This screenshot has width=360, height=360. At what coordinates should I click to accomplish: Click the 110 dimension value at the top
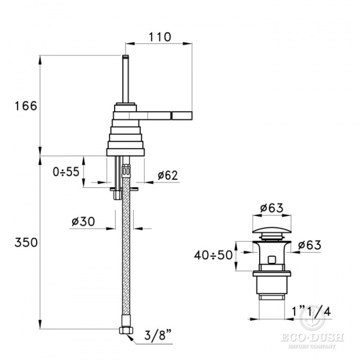pyautogui.click(x=160, y=37)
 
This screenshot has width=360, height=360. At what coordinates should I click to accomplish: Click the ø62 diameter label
pyautogui.click(x=167, y=175)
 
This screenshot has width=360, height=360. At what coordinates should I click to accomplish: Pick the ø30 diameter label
pyautogui.click(x=83, y=221)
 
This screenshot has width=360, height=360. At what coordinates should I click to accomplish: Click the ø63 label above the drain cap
pyautogui.click(x=271, y=209)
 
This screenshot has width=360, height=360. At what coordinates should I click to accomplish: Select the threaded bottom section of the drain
pyautogui.click(x=271, y=288)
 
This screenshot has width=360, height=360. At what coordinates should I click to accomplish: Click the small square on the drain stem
pyautogui.click(x=272, y=260)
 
